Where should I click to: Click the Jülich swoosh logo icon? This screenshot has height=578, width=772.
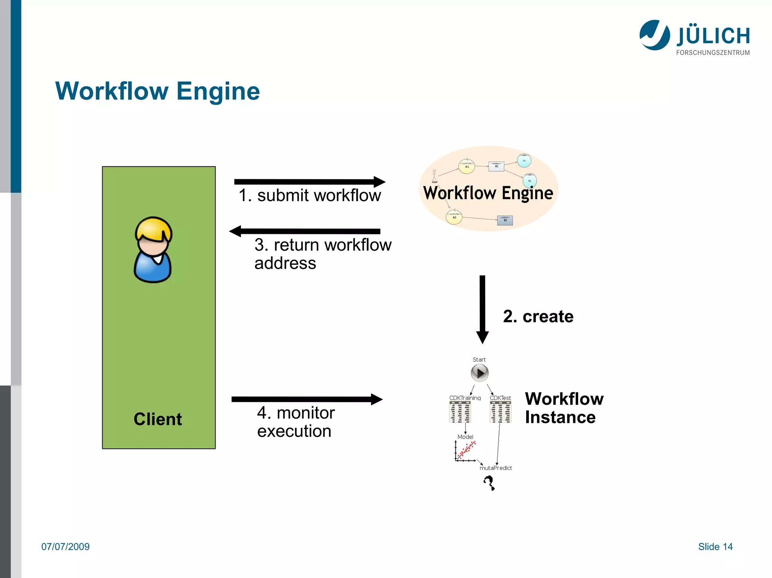click(x=654, y=35)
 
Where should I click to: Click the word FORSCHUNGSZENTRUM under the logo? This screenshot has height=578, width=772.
click(x=713, y=53)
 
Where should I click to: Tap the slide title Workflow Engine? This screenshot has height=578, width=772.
click(x=158, y=91)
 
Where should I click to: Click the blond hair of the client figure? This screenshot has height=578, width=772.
click(x=154, y=228)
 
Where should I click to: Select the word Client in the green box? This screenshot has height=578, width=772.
click(x=158, y=419)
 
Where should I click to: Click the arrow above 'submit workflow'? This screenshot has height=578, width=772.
click(x=309, y=182)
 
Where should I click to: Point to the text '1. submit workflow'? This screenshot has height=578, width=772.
click(x=309, y=195)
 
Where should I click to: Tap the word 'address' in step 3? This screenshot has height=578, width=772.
click(x=285, y=263)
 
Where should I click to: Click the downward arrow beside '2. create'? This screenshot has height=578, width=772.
click(x=482, y=309)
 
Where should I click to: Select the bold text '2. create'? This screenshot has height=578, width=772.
click(x=538, y=316)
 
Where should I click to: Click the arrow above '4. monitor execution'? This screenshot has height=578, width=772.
click(x=307, y=399)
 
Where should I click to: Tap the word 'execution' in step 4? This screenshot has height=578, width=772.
click(x=294, y=431)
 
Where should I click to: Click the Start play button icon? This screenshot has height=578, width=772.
click(x=479, y=373)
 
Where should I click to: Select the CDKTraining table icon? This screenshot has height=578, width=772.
click(x=460, y=412)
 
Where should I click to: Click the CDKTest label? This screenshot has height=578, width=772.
click(x=500, y=398)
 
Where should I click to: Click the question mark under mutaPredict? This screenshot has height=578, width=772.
click(x=489, y=482)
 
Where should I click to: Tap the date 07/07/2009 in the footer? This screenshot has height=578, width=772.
click(x=66, y=547)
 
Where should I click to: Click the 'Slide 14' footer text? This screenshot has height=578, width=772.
click(x=715, y=547)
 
